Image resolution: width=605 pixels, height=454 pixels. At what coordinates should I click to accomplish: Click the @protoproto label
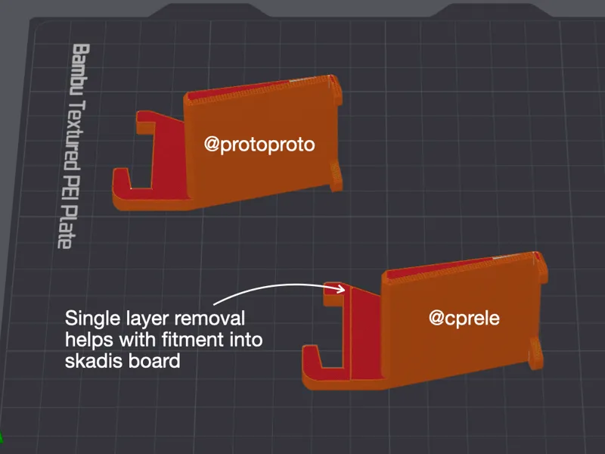tap(259, 145)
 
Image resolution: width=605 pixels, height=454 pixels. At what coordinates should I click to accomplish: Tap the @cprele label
tap(464, 318)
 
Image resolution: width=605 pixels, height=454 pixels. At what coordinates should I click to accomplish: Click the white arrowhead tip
tap(345, 289)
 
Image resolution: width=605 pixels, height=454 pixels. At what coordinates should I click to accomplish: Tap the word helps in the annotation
tap(89, 340)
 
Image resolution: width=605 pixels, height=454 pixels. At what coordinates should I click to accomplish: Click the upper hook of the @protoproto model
tap(146, 123)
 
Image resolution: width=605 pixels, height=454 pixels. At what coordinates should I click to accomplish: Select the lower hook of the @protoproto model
tap(127, 185)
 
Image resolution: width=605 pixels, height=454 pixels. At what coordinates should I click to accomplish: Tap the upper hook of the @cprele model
tap(334, 294)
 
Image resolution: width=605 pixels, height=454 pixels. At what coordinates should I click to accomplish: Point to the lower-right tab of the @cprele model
tap(536, 353)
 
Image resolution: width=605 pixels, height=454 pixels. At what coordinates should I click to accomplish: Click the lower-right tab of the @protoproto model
tap(336, 176)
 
